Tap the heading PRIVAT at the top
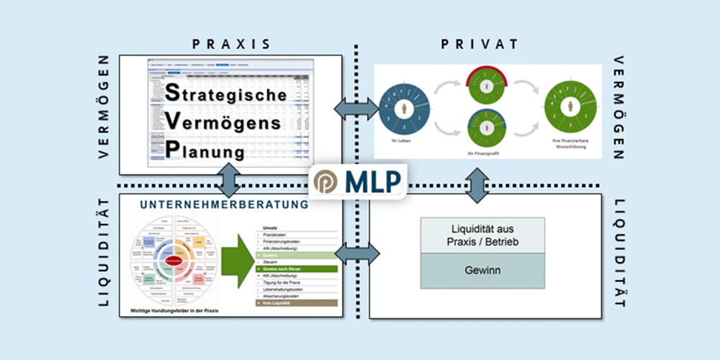(x=480, y=44)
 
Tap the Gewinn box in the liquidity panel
(x=482, y=273)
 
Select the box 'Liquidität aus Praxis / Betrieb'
(x=482, y=235)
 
